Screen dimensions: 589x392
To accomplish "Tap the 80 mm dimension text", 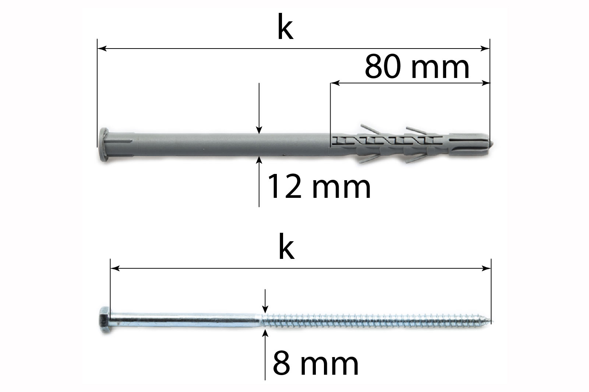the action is [417, 67].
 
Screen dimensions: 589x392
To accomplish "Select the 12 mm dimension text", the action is [319, 187].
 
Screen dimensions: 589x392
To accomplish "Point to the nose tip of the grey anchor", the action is [493, 144].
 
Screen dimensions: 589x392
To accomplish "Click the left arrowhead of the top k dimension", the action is [102, 48].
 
